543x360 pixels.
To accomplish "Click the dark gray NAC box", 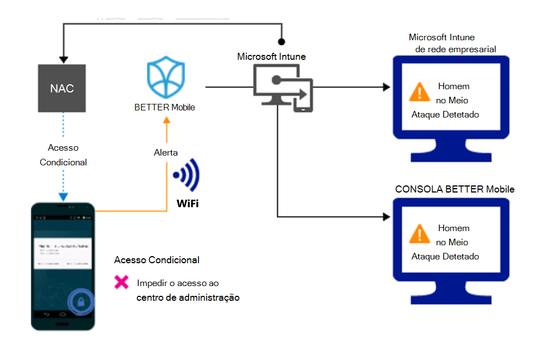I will (x=62, y=88).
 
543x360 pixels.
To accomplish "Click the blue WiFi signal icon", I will (x=186, y=175).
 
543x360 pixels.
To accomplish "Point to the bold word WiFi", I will (x=188, y=204).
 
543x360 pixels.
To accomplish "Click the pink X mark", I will (x=121, y=282).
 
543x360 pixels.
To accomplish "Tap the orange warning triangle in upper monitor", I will (x=419, y=92).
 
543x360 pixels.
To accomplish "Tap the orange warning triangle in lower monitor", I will (x=419, y=234).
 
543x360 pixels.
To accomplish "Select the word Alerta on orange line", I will (x=165, y=153).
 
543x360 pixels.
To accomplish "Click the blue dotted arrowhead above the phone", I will (x=64, y=196).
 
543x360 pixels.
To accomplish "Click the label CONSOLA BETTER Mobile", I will (x=454, y=189).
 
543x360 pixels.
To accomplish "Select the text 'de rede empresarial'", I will (x=455, y=49).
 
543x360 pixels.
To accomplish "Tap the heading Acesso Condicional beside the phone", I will (x=157, y=260).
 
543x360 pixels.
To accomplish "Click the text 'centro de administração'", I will (x=188, y=297).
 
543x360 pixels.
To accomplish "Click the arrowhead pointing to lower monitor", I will (x=386, y=216).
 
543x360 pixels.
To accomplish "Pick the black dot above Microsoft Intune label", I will (x=281, y=41).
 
